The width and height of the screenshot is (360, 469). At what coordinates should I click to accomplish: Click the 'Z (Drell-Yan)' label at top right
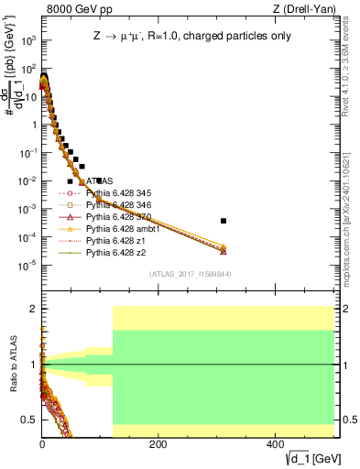[304, 9]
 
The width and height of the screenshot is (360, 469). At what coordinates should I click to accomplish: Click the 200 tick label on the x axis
[158, 444]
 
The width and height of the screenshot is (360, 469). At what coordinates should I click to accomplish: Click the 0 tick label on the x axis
[42, 444]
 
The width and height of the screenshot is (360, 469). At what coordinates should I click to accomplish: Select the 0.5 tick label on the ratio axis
[29, 420]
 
